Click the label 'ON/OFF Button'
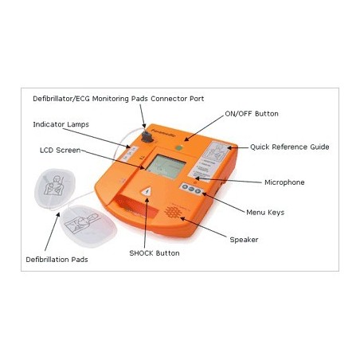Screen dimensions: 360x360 point(252,114)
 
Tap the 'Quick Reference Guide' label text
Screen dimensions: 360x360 point(290,147)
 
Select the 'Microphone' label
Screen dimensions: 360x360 point(284,182)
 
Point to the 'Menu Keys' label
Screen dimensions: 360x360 point(265,213)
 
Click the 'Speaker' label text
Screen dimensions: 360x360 point(244,240)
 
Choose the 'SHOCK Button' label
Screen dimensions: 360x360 point(155,253)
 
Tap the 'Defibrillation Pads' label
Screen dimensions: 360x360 point(57,260)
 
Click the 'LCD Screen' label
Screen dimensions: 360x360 point(60,150)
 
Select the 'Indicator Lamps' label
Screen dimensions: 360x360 point(61,124)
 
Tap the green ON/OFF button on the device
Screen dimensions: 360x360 point(179,148)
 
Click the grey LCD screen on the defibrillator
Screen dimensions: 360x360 point(166,166)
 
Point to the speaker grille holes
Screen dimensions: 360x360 point(174,212)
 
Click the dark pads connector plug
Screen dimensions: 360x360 point(147,136)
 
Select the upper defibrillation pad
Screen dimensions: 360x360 point(55,188)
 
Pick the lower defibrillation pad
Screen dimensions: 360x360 point(88,225)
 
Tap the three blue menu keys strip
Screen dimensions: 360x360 point(191,188)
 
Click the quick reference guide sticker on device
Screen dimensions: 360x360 point(209,159)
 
